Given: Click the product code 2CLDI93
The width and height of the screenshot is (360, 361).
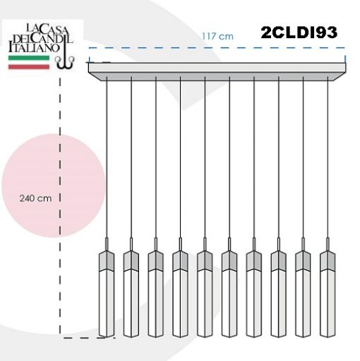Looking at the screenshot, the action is click(299, 32).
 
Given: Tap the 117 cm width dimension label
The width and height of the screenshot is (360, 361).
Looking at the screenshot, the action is click(217, 37).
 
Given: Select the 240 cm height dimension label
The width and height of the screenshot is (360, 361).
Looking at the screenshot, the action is click(35, 198).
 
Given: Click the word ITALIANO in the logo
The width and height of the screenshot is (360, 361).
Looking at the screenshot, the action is click(34, 47).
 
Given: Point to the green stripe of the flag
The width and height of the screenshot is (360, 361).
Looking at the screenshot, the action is click(29, 58).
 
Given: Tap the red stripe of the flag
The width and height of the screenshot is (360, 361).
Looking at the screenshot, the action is click(29, 67).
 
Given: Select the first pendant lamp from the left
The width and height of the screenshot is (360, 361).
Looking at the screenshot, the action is click(107, 287).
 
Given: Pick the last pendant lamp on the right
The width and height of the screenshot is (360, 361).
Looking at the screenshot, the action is click(328, 287).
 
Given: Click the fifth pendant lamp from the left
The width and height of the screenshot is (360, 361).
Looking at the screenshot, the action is click(205, 287).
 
